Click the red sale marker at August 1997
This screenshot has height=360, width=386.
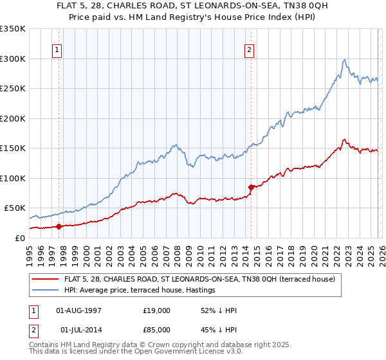59,226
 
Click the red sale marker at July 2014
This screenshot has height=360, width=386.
250,187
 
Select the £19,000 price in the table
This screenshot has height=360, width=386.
157,310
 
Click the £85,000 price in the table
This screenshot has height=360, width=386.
157,330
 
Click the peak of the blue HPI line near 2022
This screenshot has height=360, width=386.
345,60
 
